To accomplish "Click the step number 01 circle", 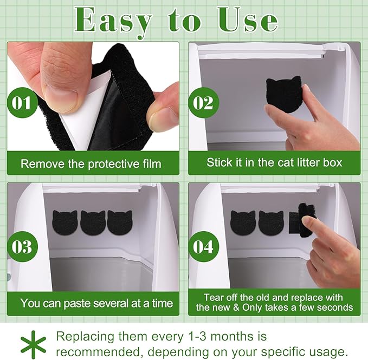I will click(x=22, y=102).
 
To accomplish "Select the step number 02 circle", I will click(x=203, y=102).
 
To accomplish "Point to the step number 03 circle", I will click(x=22, y=247).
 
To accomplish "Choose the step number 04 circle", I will click(x=203, y=247).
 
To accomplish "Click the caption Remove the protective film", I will click(x=91, y=163).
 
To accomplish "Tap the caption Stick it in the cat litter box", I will click(x=274, y=162).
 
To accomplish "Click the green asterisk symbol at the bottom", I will click(x=33, y=343).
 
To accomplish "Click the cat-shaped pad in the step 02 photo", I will click(x=283, y=94).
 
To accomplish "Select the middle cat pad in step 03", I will click(x=93, y=222).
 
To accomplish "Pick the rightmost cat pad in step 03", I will click(x=119, y=222).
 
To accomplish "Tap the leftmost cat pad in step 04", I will click(x=243, y=222).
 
